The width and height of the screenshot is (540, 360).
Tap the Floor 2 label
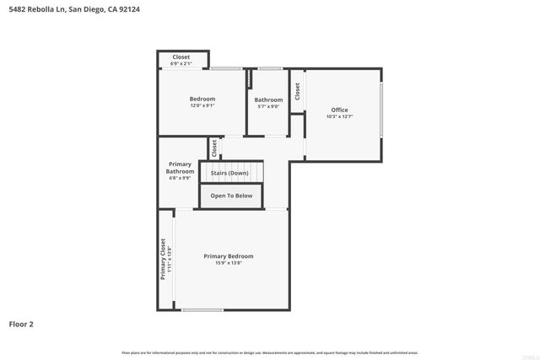coord(21,323)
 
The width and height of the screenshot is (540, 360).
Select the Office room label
coord(339,110)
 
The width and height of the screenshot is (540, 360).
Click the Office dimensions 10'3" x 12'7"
coord(339,116)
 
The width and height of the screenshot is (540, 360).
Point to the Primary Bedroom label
coord(228,255)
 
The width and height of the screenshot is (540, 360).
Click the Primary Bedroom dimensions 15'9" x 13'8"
coord(228,262)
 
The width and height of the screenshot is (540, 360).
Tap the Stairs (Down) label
coord(229,173)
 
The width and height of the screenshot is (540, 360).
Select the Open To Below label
coord(231,196)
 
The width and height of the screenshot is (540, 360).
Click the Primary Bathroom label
coord(180,167)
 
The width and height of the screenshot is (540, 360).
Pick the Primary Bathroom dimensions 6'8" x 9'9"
coord(180,178)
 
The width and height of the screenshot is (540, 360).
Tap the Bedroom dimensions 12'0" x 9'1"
coord(202,105)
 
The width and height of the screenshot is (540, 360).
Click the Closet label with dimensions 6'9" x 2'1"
coord(181,57)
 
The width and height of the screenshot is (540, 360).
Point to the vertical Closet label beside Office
coord(298,91)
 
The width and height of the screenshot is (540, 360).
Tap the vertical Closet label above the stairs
coord(215,148)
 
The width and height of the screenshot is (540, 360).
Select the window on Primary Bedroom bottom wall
coord(202,310)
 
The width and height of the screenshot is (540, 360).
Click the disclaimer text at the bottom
coord(270,352)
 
